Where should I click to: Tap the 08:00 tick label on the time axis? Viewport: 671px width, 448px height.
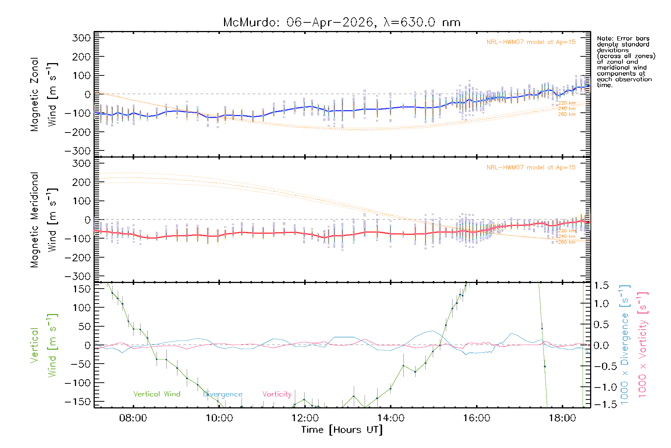pos(133,418)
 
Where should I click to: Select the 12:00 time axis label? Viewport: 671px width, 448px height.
pos(305,418)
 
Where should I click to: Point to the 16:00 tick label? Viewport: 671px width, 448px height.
pos(477,418)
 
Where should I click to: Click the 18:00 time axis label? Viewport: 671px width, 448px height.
pos(563,418)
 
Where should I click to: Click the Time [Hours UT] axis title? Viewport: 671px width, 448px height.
pos(342,430)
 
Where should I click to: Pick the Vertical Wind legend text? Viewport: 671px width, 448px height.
pos(157,394)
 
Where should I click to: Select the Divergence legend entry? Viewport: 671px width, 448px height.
pos(223,394)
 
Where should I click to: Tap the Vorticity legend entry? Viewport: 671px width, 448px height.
pos(277,394)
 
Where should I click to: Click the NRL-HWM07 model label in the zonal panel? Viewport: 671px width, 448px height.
pos(531,42)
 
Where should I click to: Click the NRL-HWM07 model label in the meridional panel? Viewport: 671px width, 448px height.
pos(531,168)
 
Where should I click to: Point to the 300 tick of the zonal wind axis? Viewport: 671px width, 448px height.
pos(81,38)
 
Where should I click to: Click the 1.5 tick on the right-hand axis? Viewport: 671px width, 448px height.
pos(601,286)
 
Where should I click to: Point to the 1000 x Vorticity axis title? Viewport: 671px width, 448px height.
pos(642,345)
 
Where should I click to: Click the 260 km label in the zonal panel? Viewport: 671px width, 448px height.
pos(567,114)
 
